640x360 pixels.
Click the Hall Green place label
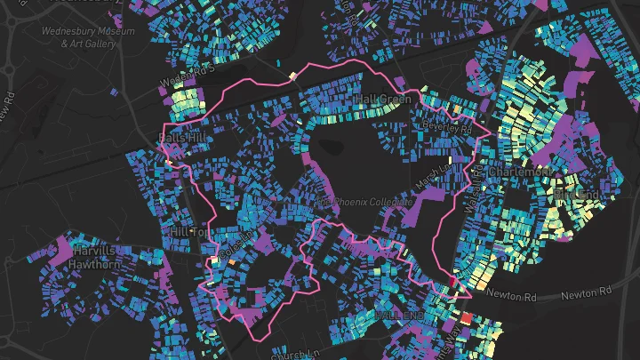pos(382,99)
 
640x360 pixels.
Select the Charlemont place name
pos(521,170)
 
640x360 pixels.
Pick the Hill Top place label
pos(188,231)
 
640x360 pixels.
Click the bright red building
pos(466,317)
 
